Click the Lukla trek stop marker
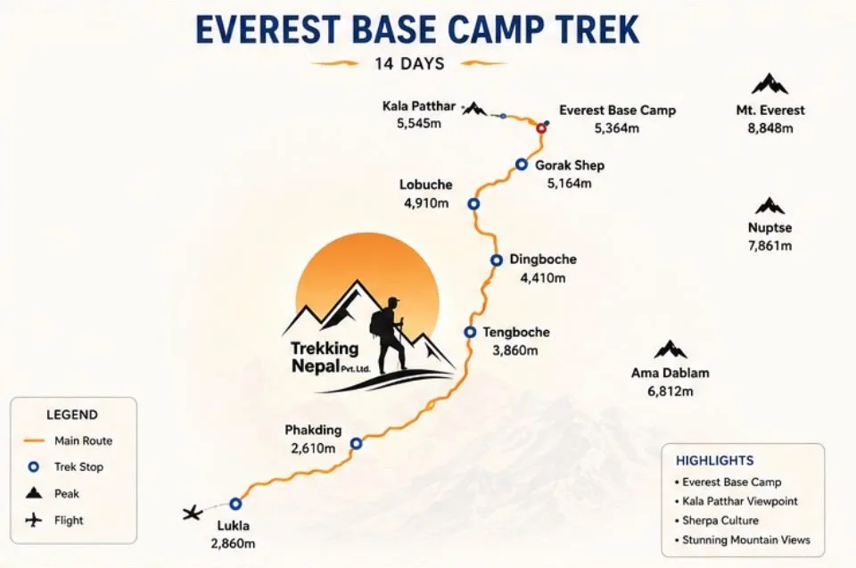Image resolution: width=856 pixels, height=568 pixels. point(235,504)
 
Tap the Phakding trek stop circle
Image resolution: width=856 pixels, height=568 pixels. point(356,443)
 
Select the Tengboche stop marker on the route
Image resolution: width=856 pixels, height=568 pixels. point(470,332)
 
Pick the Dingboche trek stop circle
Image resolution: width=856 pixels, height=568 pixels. point(497,260)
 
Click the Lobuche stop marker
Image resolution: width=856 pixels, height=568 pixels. point(473,203)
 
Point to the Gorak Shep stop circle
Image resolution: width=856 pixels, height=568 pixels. point(522,164)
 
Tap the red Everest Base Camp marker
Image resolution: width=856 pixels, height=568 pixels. point(541,128)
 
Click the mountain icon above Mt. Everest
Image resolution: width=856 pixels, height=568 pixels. point(770,85)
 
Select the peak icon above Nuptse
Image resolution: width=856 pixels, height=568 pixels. point(770,206)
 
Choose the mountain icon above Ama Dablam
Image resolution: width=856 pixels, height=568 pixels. point(671,350)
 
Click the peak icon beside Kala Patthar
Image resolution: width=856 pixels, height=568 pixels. point(474,109)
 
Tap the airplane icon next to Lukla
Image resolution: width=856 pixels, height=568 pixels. point(193,513)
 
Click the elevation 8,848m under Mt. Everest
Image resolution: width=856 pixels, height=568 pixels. point(770,128)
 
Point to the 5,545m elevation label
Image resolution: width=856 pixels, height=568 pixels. point(419,123)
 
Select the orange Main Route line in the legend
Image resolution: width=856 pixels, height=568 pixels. point(34,440)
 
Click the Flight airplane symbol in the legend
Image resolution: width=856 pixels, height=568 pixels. point(34,520)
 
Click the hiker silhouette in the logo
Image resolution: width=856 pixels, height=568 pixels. point(390,334)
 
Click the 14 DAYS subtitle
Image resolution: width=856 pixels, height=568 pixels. point(409,63)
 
